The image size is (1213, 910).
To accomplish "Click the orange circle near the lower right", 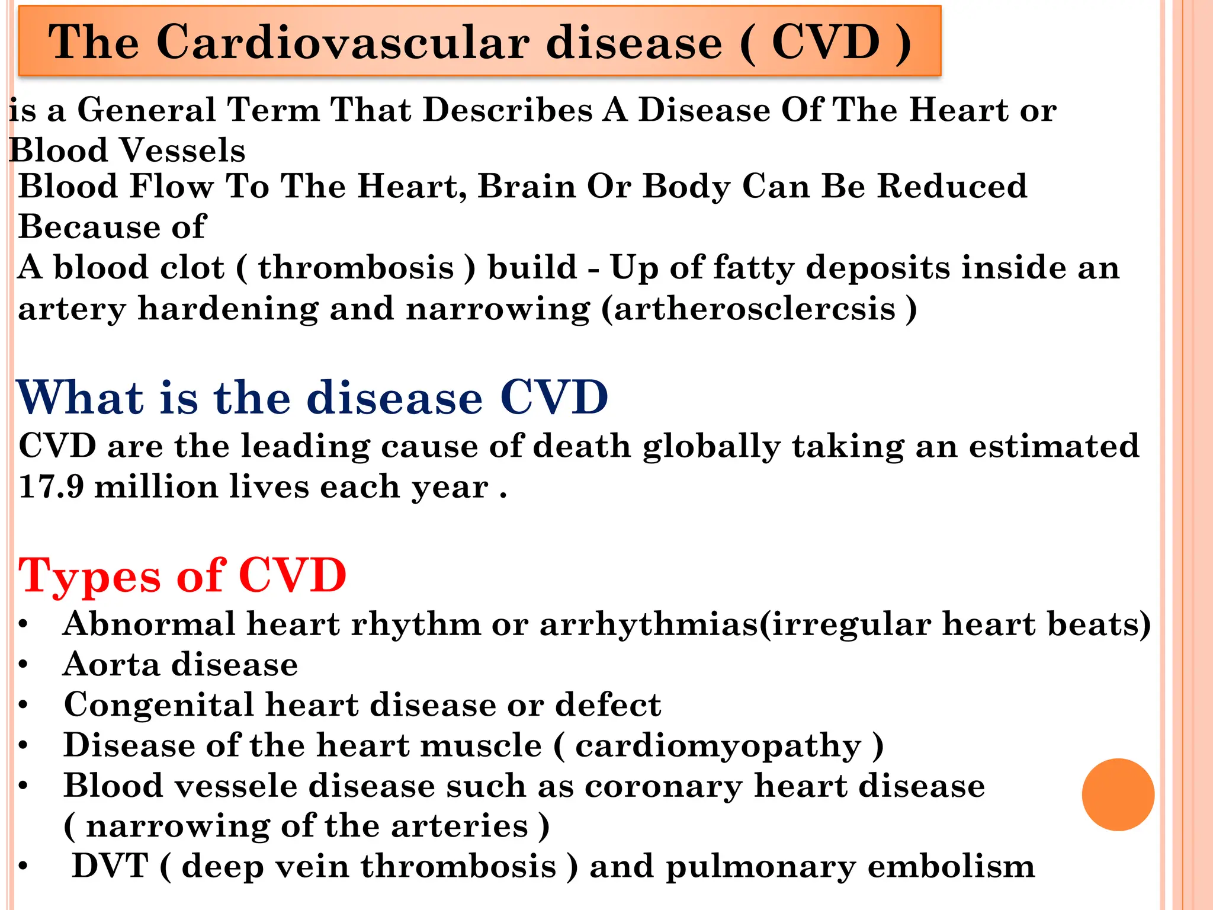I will [x=1118, y=794].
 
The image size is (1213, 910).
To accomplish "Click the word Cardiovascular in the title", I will [x=343, y=43].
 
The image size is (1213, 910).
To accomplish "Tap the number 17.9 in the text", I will [x=51, y=487].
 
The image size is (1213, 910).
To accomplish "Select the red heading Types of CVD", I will [x=182, y=575].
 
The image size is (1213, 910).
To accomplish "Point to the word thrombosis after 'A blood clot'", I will [x=356, y=268].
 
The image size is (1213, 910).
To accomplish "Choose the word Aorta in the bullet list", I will [x=111, y=664].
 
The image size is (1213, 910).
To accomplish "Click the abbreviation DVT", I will [x=110, y=866].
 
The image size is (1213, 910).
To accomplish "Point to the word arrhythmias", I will [x=649, y=624].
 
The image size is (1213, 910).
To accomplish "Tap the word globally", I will [x=711, y=446].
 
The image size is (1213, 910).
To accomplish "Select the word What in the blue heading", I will [x=80, y=398].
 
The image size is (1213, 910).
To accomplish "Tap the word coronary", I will [x=663, y=787].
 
